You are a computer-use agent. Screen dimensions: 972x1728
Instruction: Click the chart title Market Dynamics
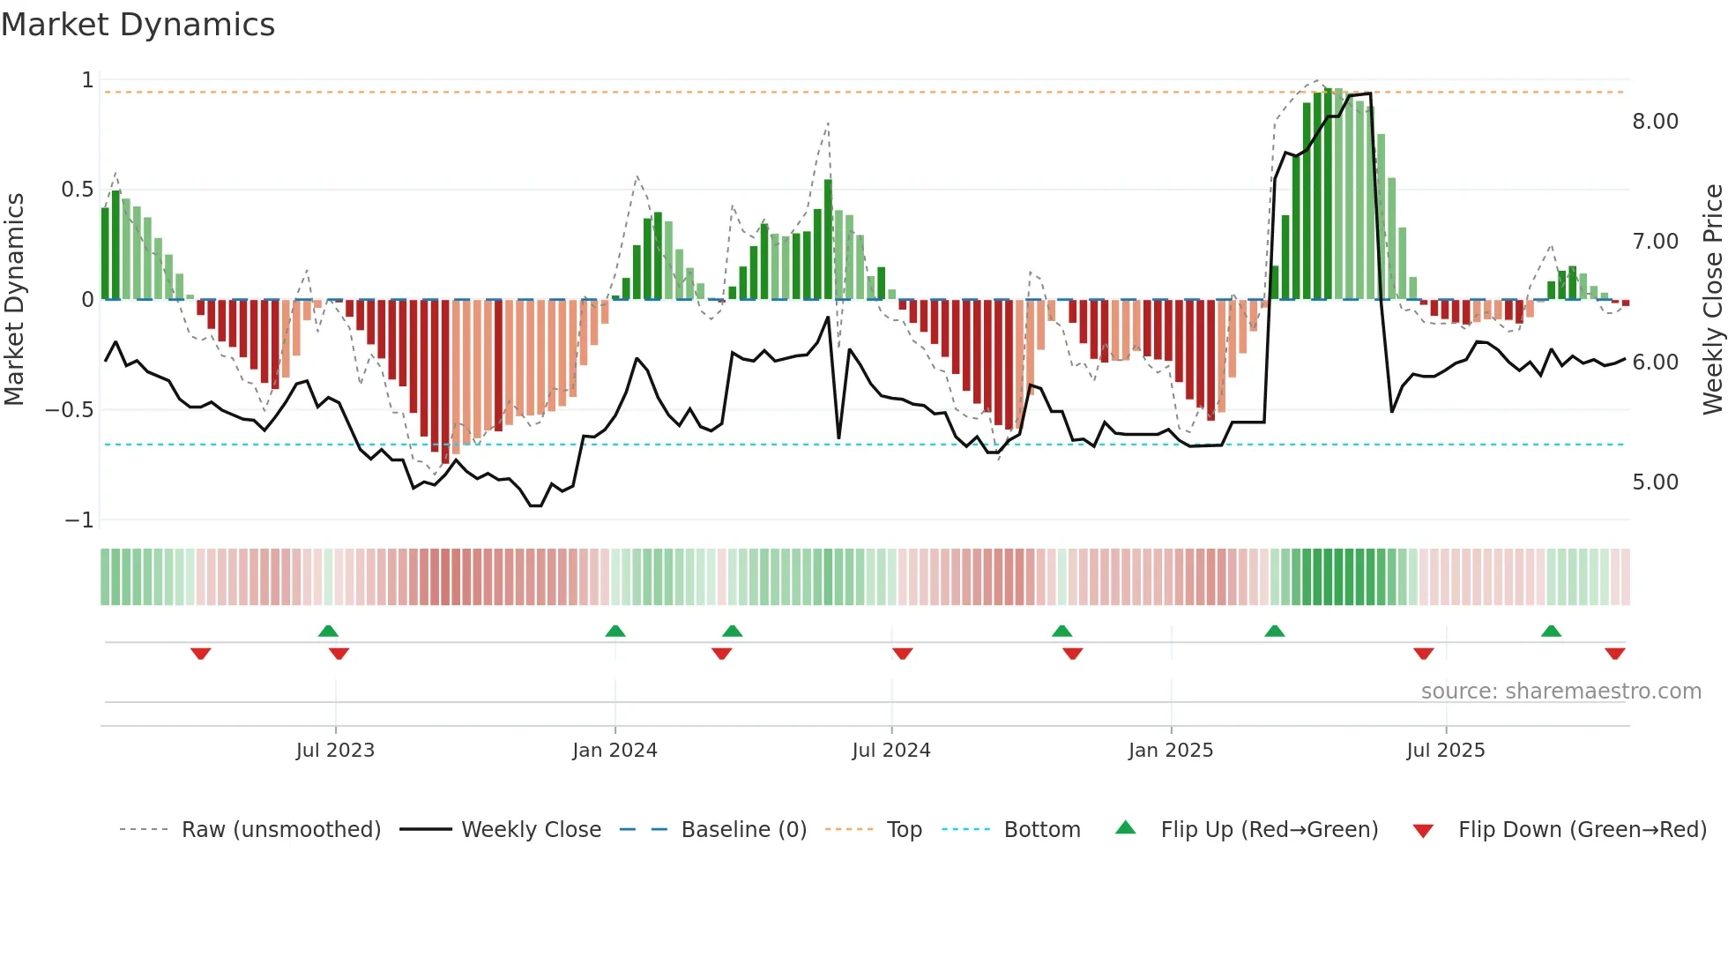coord(138,25)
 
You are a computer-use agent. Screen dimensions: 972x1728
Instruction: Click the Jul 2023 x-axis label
coord(335,751)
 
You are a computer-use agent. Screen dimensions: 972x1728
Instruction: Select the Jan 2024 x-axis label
coord(614,751)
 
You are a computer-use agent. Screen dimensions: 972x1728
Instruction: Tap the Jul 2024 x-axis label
coord(890,751)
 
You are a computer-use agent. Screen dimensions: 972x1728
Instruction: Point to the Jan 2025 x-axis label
coord(1170,751)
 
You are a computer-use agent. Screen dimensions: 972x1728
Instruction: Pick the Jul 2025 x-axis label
coord(1445,751)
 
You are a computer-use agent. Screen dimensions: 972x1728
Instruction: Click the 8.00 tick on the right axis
coord(1655,122)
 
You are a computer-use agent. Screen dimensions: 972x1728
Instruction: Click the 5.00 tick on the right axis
coord(1655,482)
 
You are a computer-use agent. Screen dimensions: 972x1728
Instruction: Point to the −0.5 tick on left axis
coord(69,410)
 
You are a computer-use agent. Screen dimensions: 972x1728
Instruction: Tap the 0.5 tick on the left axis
coord(77,190)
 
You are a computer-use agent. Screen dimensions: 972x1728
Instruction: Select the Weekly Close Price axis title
coord(1712,299)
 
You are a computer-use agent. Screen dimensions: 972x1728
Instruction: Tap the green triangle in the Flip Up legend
coord(1126,828)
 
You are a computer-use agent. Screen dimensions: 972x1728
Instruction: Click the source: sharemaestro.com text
coord(1560,692)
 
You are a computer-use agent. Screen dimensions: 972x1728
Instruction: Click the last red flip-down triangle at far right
coord(1614,654)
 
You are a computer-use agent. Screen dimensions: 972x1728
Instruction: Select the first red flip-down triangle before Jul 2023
coord(201,654)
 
